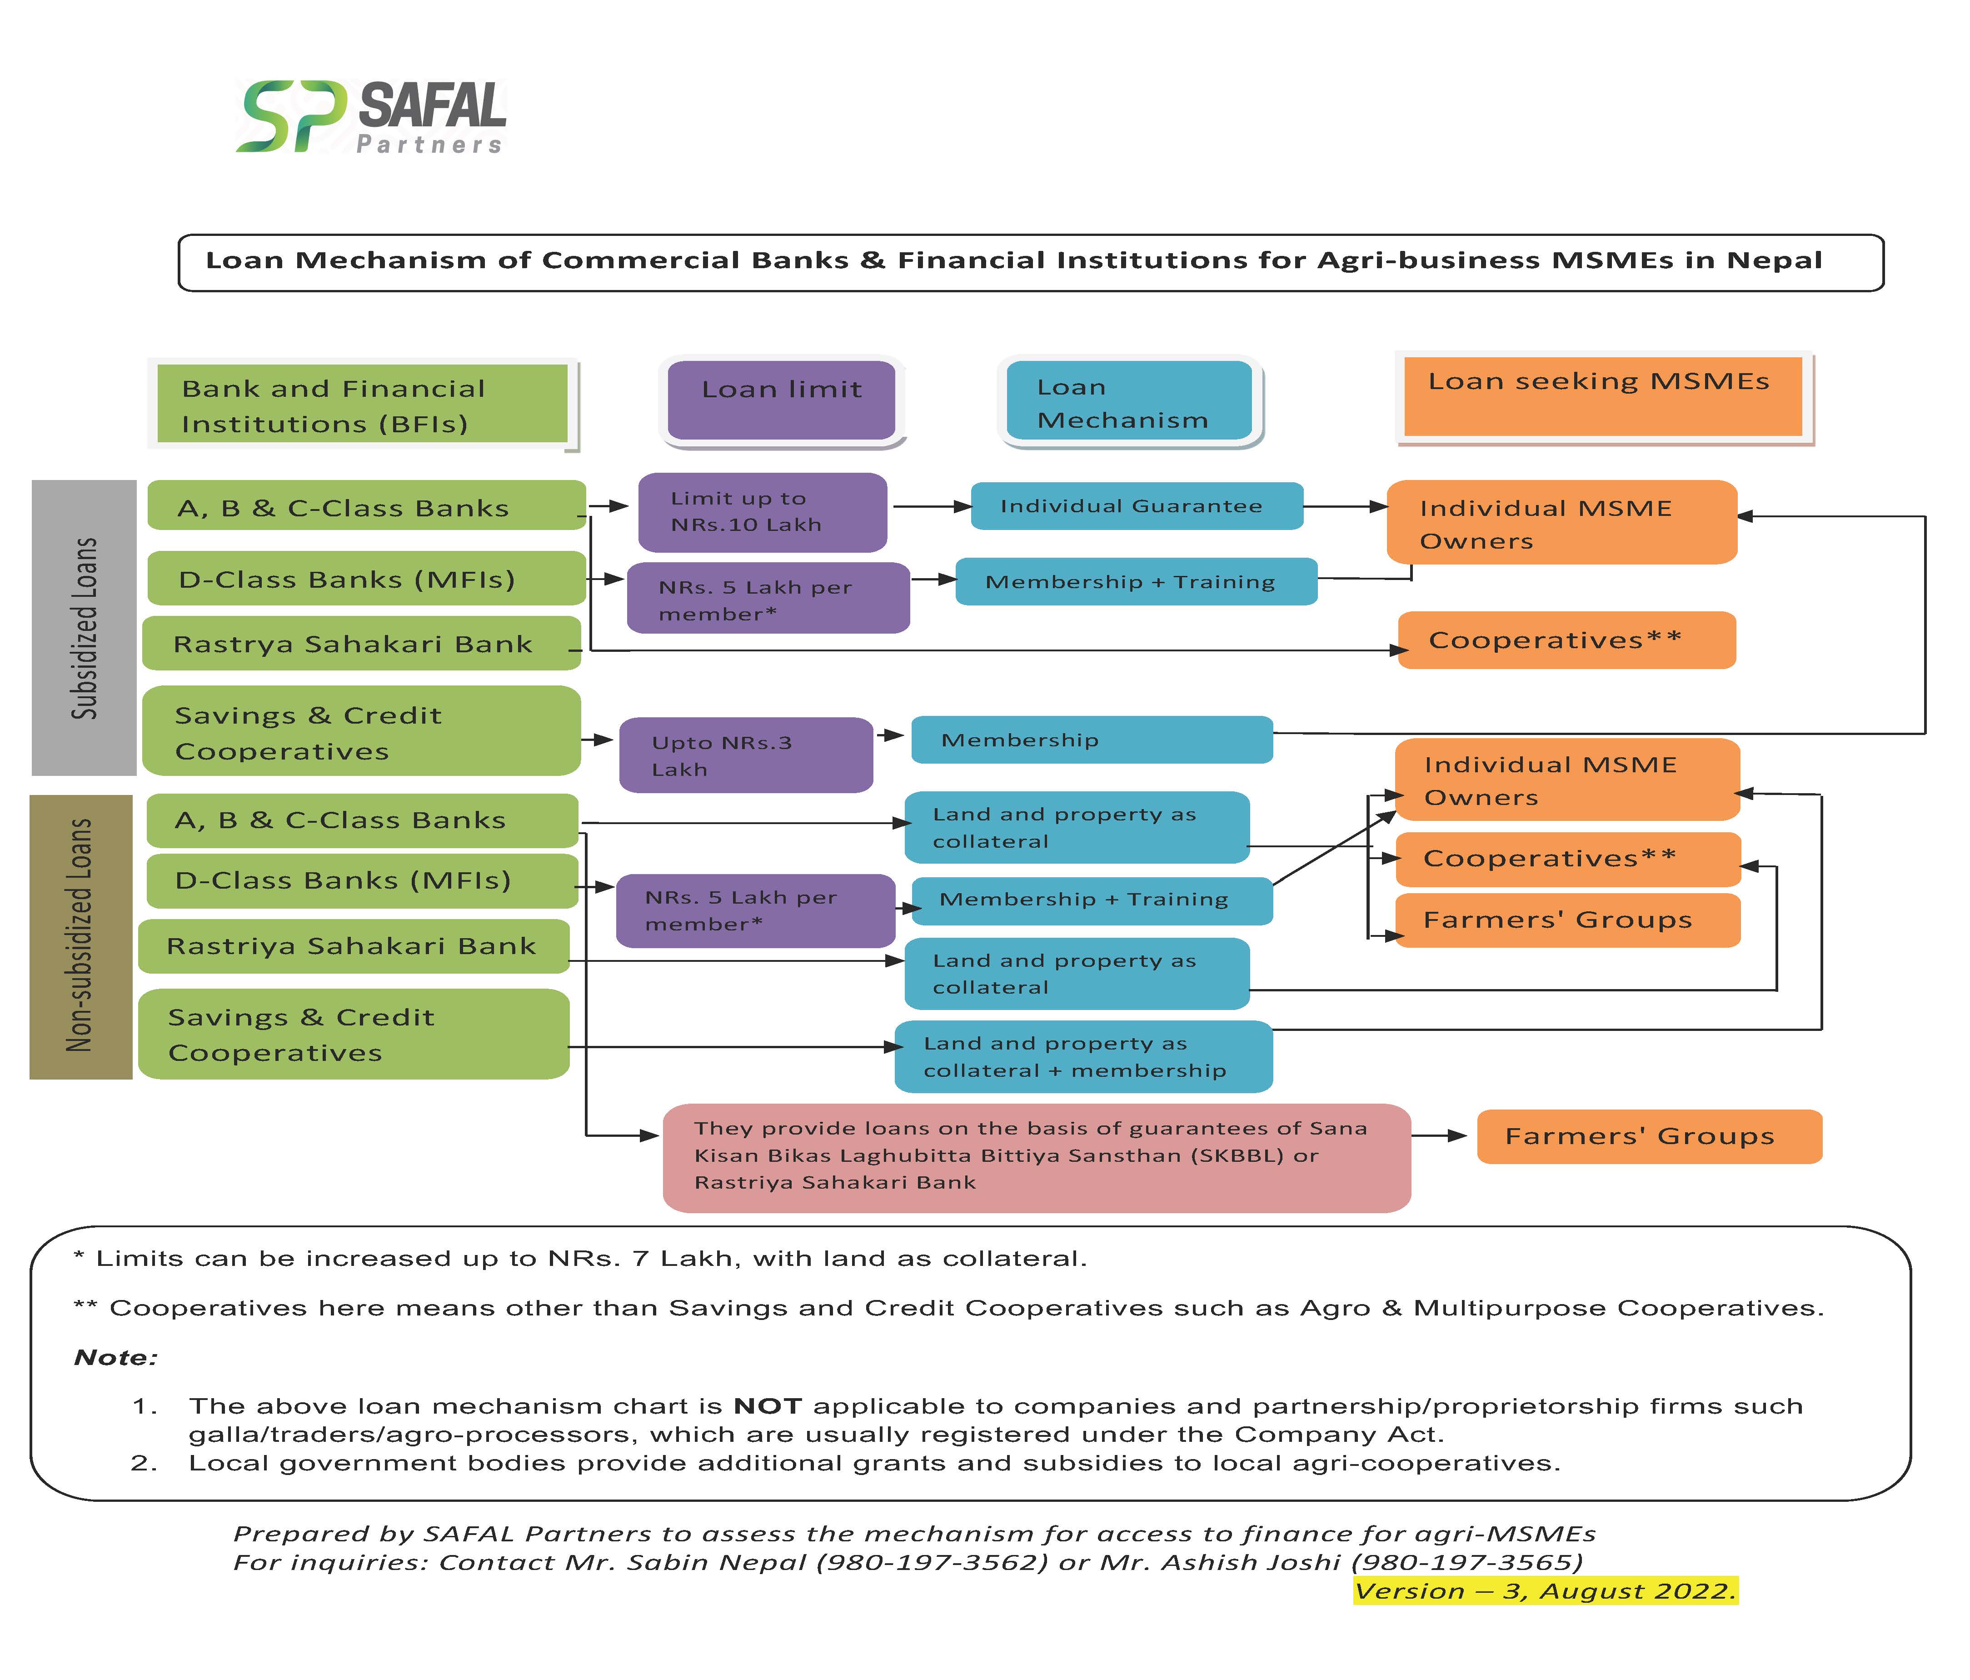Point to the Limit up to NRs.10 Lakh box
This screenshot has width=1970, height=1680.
(x=763, y=512)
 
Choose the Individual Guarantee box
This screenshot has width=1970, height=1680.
(x=1137, y=506)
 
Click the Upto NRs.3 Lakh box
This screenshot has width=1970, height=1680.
(x=746, y=756)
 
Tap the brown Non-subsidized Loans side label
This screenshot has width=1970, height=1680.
(x=81, y=936)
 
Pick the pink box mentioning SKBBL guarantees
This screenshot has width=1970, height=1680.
(x=1036, y=1157)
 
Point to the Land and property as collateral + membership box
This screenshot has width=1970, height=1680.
(x=1084, y=1056)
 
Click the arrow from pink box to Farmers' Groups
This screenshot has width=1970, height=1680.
(x=1440, y=1135)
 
